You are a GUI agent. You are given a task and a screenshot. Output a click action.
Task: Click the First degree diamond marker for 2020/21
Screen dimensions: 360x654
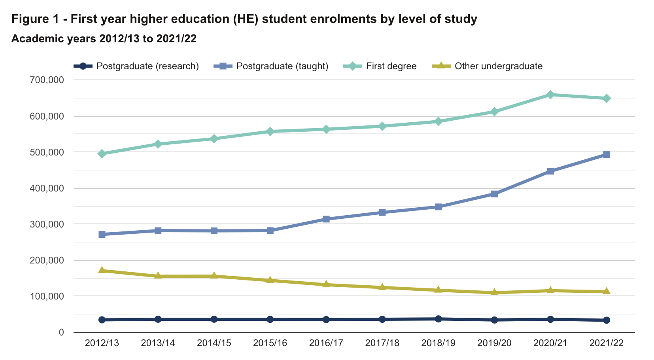coord(550,95)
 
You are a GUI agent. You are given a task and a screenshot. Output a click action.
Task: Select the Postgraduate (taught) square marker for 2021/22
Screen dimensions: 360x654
coord(607,155)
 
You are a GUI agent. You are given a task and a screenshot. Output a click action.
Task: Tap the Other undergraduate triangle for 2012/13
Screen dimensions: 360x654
coord(102,270)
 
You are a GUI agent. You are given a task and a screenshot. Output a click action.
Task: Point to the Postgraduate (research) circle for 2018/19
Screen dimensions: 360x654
coord(438,319)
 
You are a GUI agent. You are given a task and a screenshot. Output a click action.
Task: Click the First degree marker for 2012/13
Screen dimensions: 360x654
coord(102,153)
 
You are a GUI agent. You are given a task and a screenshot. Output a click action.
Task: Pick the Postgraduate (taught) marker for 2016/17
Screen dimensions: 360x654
coord(326,219)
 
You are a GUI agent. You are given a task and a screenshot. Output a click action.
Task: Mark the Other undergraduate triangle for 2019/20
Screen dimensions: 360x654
coord(494,292)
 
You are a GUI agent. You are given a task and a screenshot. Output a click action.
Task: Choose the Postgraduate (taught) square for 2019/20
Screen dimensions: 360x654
coord(494,194)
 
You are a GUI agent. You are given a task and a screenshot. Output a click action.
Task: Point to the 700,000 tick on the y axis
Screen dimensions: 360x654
coord(47,80)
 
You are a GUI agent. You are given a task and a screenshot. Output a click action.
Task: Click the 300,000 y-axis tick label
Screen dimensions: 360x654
coord(47,224)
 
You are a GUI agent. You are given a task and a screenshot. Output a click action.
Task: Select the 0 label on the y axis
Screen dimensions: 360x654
coord(61,333)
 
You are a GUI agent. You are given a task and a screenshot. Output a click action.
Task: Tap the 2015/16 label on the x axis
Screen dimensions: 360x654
coord(270,343)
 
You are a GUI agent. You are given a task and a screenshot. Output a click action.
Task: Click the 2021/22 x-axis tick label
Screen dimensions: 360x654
coord(607,343)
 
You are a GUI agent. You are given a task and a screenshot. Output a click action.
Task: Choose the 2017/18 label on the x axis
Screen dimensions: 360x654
coord(382,343)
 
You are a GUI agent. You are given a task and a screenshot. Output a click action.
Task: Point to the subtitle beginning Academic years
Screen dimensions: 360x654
coord(104,39)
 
